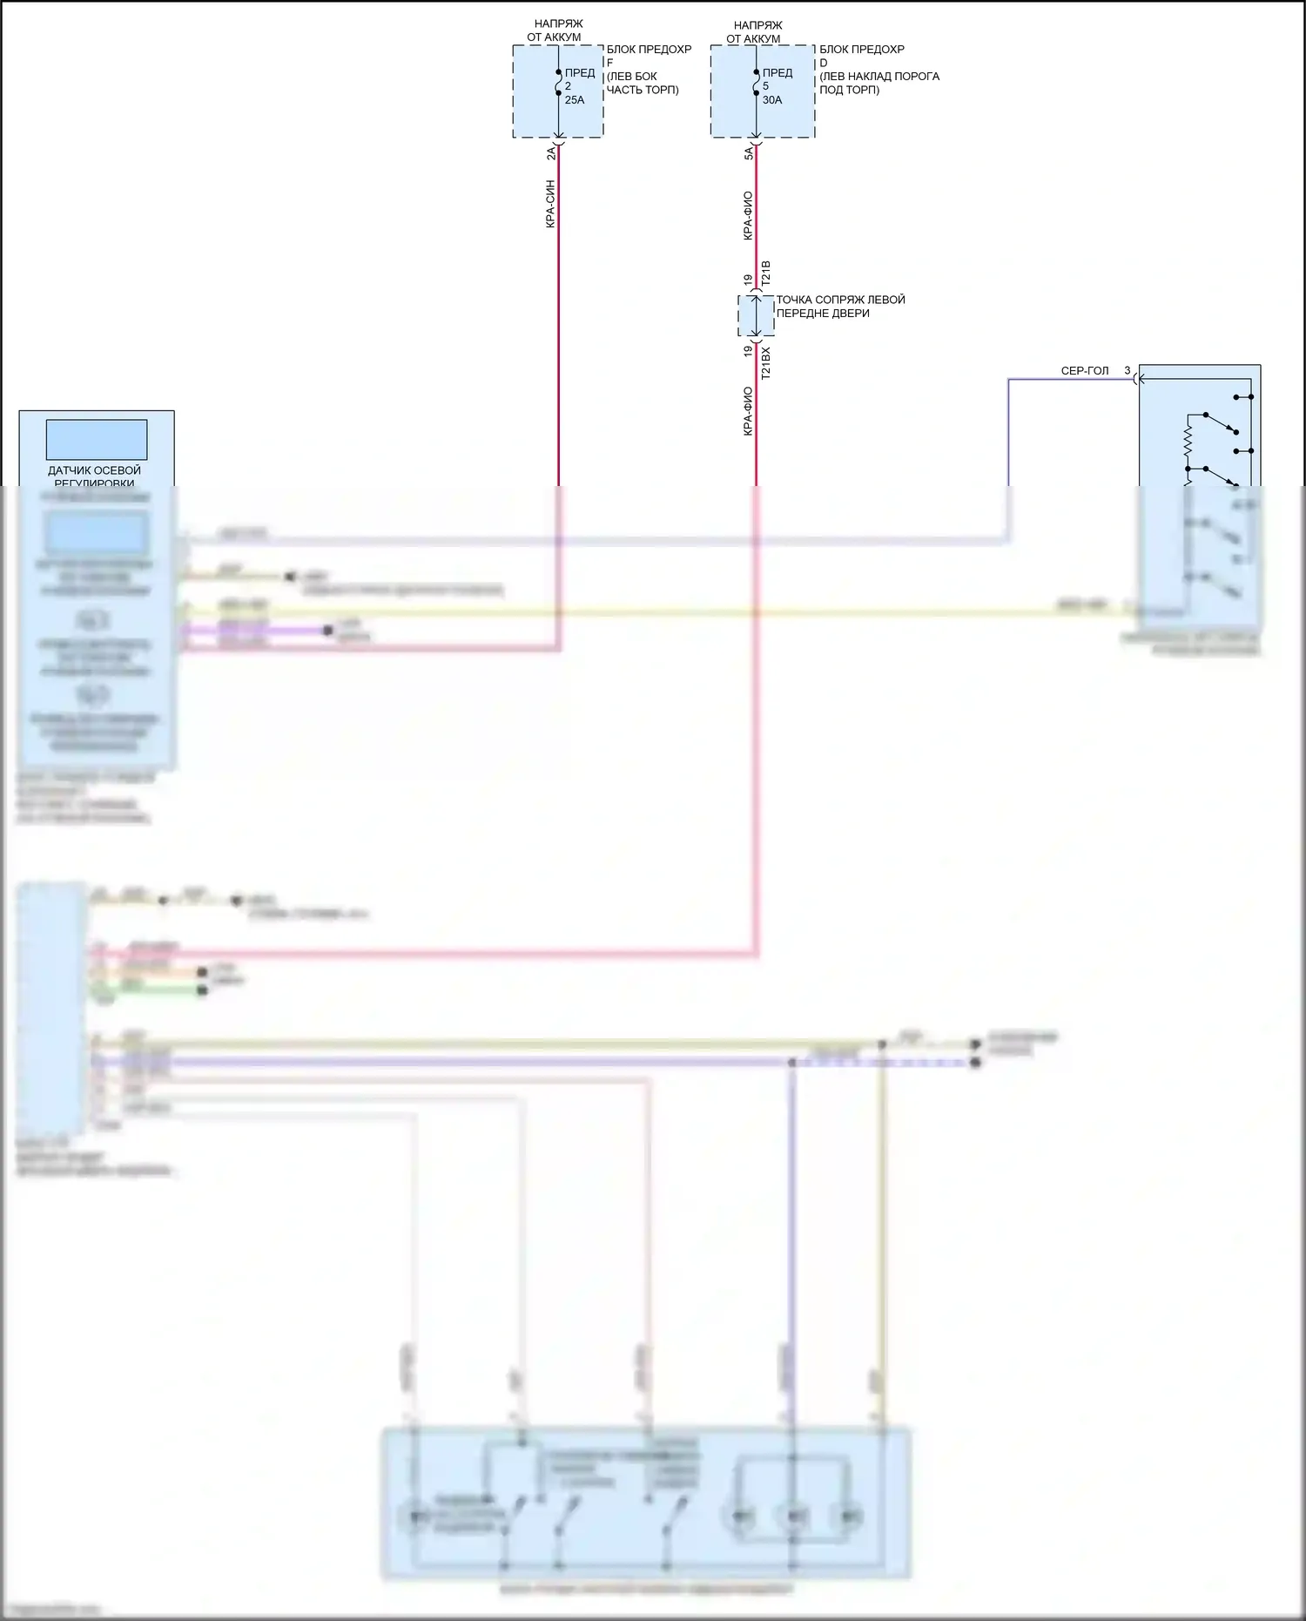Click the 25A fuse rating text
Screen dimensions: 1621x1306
[575, 100]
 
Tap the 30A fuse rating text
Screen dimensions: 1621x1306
[772, 100]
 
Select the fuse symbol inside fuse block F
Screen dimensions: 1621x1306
[558, 82]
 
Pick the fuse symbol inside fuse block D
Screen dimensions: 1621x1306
[756, 82]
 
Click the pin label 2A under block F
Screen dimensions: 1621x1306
[551, 153]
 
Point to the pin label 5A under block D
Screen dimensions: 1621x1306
[749, 153]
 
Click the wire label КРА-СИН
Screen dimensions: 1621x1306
[550, 205]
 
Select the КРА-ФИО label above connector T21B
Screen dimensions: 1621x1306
[748, 216]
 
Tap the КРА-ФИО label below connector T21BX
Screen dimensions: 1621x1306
[748, 411]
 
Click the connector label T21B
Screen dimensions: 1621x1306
[766, 274]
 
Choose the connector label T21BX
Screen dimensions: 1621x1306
[766, 362]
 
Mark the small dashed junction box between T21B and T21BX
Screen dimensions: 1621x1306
[756, 315]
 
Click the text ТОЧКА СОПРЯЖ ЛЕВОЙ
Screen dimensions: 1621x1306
[840, 300]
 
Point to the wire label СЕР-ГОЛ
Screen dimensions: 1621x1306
[1085, 371]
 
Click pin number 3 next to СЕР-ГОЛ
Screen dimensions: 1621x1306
[1128, 371]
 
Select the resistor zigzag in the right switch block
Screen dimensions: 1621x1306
[1187, 444]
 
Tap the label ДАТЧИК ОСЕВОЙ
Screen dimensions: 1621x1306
[94, 470]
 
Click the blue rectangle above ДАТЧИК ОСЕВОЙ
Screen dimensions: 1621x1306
[97, 440]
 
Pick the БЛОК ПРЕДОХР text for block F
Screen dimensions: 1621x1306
[649, 50]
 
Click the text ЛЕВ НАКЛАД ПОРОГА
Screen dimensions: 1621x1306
[880, 77]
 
